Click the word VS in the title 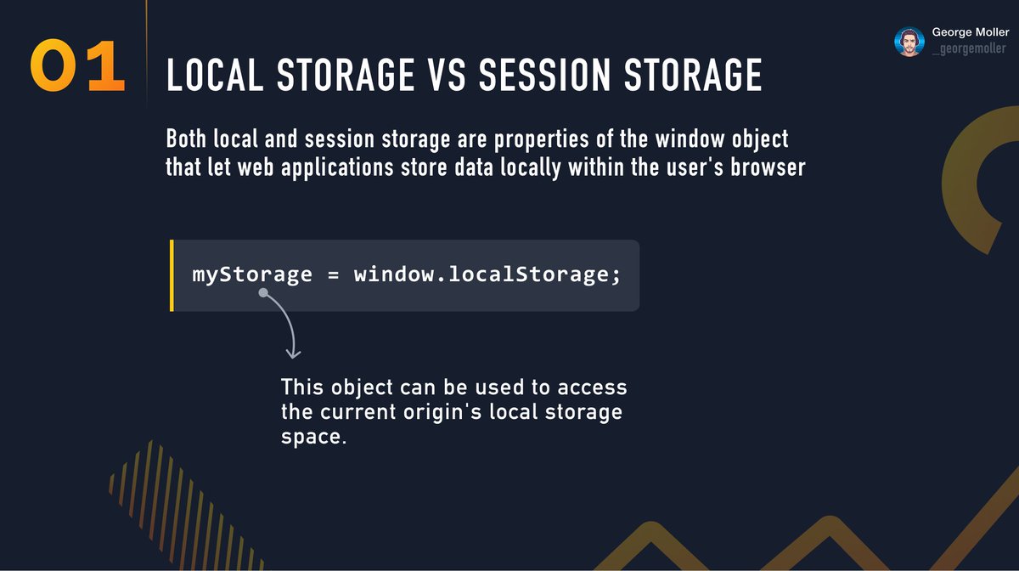coord(443,76)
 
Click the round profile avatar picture coord(909,42)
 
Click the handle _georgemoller coord(968,49)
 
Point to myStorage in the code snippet coord(253,274)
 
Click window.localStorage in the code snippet coord(481,274)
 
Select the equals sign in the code coord(333,275)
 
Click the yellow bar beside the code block coord(172,275)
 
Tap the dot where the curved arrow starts coord(263,292)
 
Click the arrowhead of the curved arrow coord(293,352)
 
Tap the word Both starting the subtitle coord(188,138)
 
